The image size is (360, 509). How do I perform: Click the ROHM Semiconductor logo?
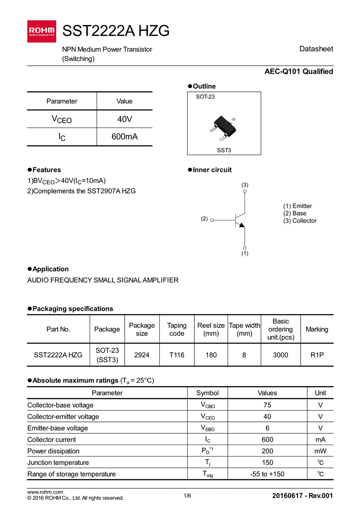pos(42,31)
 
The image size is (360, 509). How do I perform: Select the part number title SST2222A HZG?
pos(116,31)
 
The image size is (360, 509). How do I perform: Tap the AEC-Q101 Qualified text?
pos(298,71)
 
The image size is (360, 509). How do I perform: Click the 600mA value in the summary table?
pos(125,137)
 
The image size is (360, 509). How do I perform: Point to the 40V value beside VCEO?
pos(125,119)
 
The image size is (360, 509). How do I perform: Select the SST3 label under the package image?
pos(224,150)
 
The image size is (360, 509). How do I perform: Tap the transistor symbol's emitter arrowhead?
pos(241,225)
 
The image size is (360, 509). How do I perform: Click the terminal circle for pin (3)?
pos(245,191)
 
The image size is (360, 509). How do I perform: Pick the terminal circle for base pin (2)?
pos(212,220)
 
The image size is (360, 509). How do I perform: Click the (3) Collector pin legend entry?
pos(300,221)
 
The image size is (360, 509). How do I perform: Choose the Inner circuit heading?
pos(212,170)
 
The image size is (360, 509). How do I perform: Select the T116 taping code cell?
pos(177,355)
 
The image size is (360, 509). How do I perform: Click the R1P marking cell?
pos(317,355)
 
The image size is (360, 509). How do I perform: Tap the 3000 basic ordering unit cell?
pos(280,355)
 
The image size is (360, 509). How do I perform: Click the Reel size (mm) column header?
pos(211,330)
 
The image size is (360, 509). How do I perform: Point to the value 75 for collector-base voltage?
pos(267,405)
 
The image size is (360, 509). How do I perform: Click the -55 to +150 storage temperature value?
pos(267,474)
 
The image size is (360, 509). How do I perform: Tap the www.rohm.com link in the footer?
pos(45,492)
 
